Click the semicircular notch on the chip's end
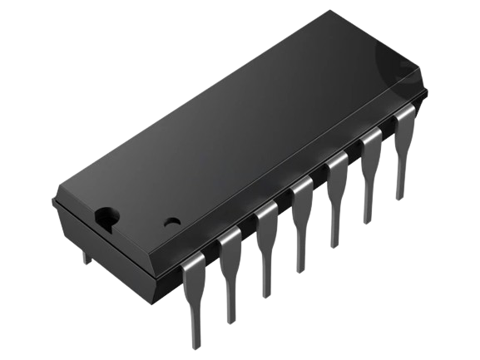[x=106, y=218]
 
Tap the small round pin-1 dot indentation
[x=172, y=223]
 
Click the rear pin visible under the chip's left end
[x=86, y=254]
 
